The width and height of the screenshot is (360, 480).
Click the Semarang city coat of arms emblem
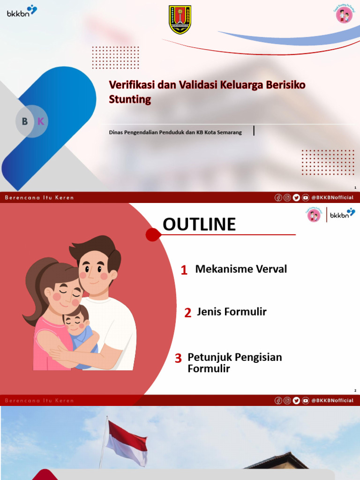(x=180, y=20)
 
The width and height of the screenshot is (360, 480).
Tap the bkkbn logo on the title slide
(x=22, y=11)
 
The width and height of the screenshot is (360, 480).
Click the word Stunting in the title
(x=130, y=99)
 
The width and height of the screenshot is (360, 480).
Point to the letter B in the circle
(x=25, y=121)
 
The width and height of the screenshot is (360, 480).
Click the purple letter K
(x=41, y=121)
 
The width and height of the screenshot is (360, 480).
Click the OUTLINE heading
(x=199, y=225)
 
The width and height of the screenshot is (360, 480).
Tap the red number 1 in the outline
(x=184, y=270)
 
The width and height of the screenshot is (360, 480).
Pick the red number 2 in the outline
(x=187, y=313)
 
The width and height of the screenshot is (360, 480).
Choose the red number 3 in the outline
(x=178, y=359)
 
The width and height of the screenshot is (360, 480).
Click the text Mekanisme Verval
(x=241, y=269)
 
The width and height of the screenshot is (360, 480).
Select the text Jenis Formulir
(x=232, y=312)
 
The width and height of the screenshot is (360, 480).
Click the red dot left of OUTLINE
(x=152, y=234)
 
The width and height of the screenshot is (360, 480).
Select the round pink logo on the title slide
(x=344, y=15)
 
